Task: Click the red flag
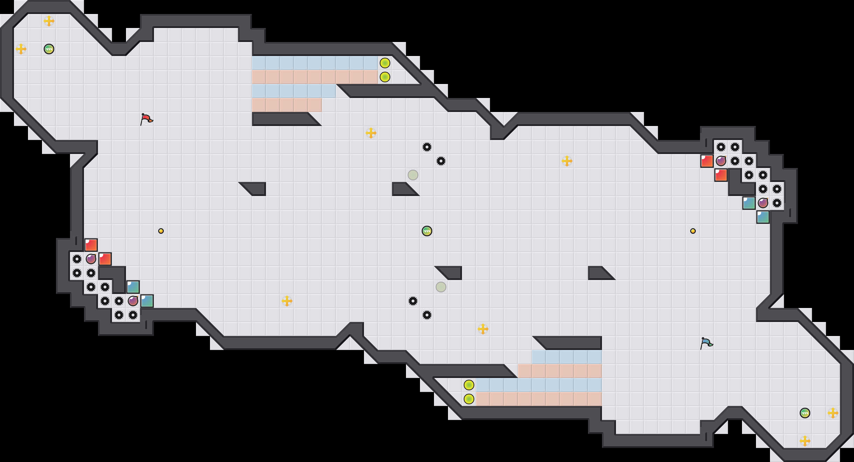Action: point(147,119)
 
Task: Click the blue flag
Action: point(706,343)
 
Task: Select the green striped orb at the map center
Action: point(427,231)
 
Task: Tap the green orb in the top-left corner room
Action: point(49,49)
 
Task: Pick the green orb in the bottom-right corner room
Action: point(805,413)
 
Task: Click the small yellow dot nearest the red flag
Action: point(161,231)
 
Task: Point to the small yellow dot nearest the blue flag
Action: point(693,231)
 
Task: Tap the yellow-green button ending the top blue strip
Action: point(385,63)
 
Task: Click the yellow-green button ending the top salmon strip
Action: point(385,77)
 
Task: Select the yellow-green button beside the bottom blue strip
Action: point(469,385)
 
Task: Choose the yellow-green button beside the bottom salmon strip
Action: point(469,399)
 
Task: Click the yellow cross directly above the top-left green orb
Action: point(49,21)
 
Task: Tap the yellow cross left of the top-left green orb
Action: point(21,49)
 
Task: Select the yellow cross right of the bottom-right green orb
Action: point(833,413)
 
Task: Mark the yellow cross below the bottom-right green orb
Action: point(805,441)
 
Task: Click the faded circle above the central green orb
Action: point(413,175)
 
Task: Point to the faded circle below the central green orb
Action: point(441,287)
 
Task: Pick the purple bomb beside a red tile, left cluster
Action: point(91,259)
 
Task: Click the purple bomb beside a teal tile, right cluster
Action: point(763,203)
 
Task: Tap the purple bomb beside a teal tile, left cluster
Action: point(133,301)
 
